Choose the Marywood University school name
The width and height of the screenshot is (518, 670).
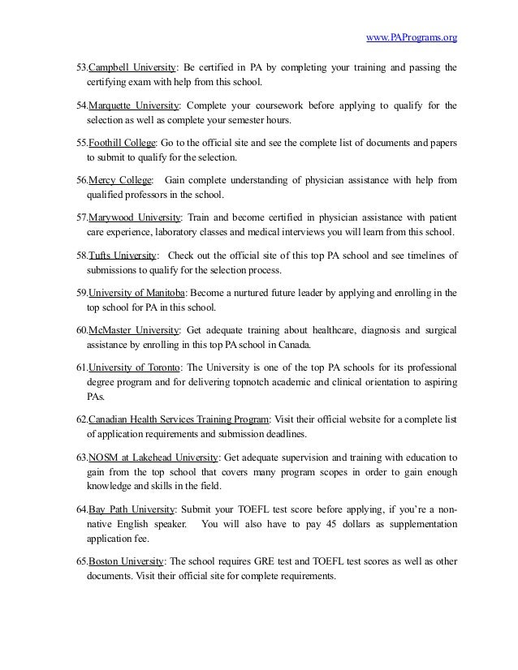click(x=134, y=218)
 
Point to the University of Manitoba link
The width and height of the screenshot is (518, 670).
click(x=136, y=293)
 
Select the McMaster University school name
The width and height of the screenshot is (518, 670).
click(x=133, y=330)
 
